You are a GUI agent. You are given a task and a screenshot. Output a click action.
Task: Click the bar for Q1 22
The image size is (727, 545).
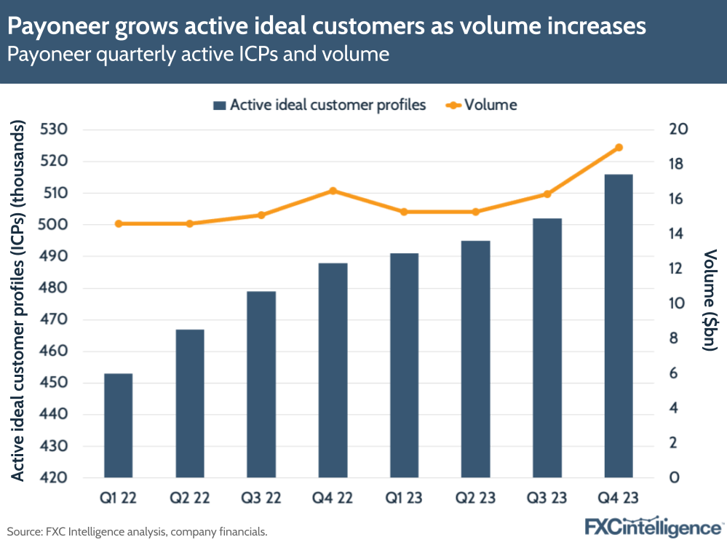[x=118, y=426]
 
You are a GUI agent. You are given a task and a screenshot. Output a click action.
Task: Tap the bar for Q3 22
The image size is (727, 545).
[x=261, y=384]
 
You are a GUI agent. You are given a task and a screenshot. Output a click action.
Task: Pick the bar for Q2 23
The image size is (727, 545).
[x=475, y=359]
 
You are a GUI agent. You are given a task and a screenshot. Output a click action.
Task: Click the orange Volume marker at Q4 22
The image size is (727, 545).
[x=333, y=191]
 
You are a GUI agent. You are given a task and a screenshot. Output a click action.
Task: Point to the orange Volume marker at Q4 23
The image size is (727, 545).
[x=619, y=148]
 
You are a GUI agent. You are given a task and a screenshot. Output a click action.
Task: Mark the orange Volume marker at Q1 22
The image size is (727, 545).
[x=118, y=223]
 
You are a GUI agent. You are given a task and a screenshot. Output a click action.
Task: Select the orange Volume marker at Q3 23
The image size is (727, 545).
[x=547, y=194]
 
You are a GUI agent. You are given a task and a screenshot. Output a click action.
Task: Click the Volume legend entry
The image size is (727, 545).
[x=480, y=105]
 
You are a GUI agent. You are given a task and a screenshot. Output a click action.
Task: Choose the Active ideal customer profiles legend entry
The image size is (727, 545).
[x=319, y=105]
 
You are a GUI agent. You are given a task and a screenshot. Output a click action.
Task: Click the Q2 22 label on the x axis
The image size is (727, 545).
[x=190, y=499]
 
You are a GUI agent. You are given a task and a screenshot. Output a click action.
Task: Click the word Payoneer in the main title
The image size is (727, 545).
[x=57, y=27]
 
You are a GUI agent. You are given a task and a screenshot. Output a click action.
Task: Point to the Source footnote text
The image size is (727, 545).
[x=137, y=532]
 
